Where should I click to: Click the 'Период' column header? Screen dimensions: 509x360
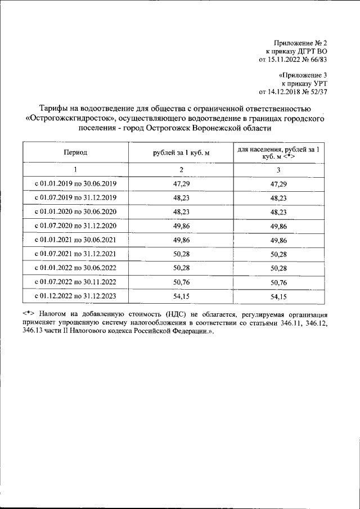pos(75,152)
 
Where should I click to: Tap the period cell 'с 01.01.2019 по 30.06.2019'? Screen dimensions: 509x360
pos(75,184)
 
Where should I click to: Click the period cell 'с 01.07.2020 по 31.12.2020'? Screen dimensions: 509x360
pos(75,226)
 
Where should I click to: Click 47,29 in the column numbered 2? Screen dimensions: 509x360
pos(181,184)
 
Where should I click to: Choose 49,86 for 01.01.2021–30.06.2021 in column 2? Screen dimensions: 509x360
pos(181,240)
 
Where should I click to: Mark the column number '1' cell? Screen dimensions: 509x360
pos(75,170)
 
